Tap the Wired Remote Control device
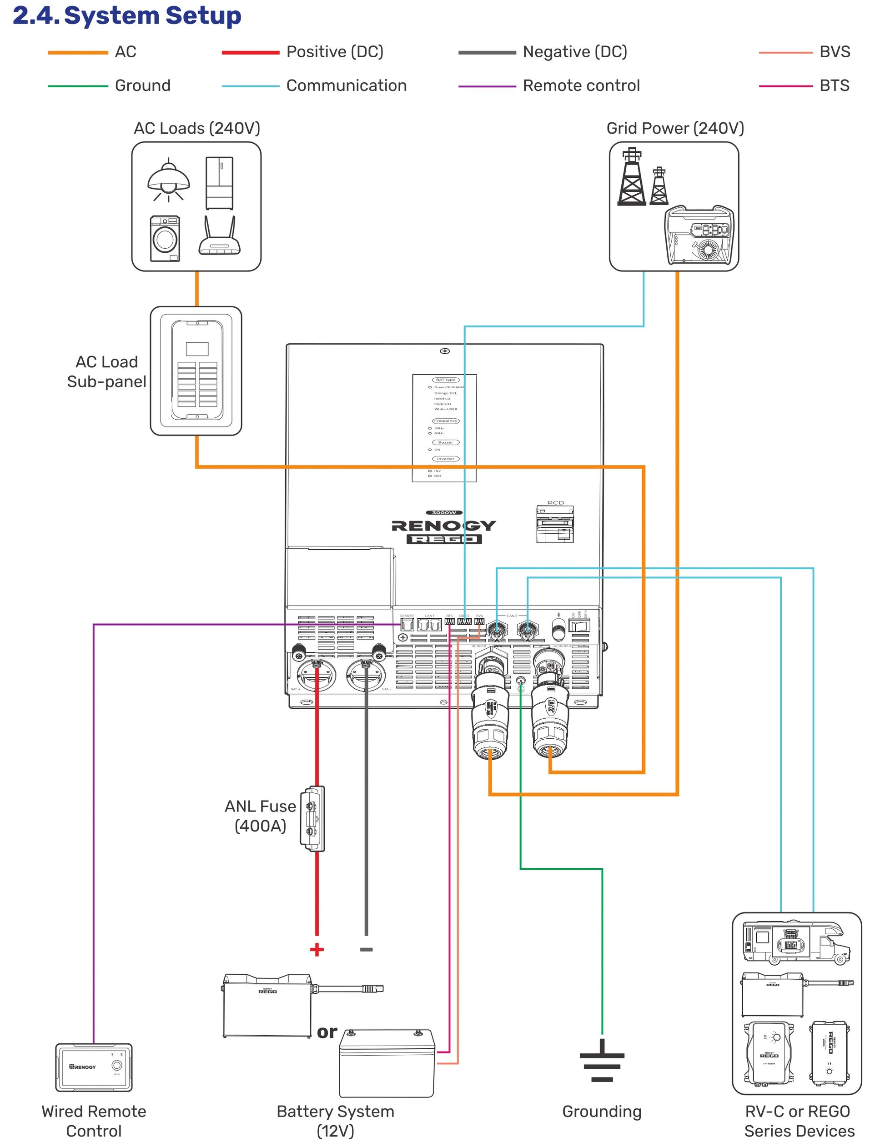coord(94,1067)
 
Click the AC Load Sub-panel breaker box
coord(196,371)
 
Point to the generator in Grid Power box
coord(699,235)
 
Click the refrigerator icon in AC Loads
coord(220,183)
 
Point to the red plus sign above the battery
coord(317,950)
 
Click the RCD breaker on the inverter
coord(555,524)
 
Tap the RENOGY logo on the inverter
coord(444,526)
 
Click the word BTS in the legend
coord(834,85)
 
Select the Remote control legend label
coord(581,85)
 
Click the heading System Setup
coord(152,16)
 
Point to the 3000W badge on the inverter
coord(444,512)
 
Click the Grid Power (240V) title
coord(675,129)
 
